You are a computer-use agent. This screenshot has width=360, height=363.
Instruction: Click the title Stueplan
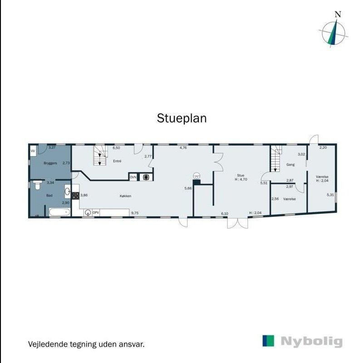(x=182, y=118)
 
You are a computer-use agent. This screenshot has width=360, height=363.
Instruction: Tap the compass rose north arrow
(x=335, y=33)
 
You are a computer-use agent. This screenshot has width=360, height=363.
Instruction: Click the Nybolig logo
(x=302, y=341)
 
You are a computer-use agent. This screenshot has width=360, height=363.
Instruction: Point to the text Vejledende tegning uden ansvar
(x=86, y=344)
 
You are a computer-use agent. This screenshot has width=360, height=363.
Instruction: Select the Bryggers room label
(x=50, y=163)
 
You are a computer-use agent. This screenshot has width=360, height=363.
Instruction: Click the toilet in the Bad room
(x=37, y=186)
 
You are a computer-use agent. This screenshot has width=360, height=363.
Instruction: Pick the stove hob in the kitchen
(x=75, y=196)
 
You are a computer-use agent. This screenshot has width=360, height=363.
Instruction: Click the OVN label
(x=133, y=177)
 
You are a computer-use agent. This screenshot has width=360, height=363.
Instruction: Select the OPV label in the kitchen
(x=96, y=212)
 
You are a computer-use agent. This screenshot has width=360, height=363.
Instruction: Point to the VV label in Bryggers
(x=33, y=151)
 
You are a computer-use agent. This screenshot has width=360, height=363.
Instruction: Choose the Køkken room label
(x=125, y=196)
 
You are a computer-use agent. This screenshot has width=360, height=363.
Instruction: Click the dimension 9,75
(x=135, y=212)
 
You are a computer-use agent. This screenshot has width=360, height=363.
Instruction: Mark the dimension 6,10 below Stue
(x=224, y=213)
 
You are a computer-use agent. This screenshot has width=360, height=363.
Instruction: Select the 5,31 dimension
(x=330, y=195)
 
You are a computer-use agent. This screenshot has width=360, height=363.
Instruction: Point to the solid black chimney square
(x=196, y=182)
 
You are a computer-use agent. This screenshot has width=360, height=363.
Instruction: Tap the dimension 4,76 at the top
(x=183, y=147)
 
